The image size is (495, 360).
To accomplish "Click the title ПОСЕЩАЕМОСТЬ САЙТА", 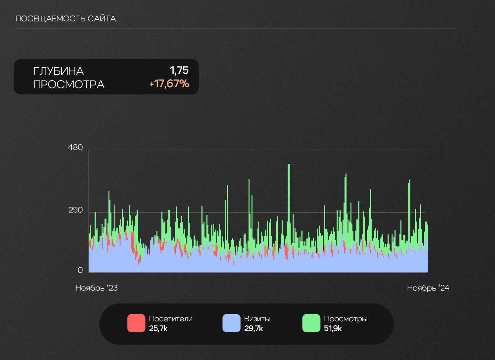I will pyautogui.click(x=66, y=19).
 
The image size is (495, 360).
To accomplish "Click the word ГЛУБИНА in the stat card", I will pyautogui.click(x=58, y=71).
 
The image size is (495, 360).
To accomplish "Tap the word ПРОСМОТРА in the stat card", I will pyautogui.click(x=69, y=85).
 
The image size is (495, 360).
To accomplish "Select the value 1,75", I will pyautogui.click(x=179, y=71).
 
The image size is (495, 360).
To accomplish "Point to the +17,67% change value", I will pyautogui.click(x=169, y=84).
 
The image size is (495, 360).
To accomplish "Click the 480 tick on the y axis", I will pyautogui.click(x=76, y=148).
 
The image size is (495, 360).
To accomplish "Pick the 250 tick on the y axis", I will pyautogui.click(x=76, y=210).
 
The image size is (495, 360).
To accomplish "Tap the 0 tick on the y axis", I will pyautogui.click(x=80, y=270).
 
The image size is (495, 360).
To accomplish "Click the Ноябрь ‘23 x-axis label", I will pyautogui.click(x=96, y=288).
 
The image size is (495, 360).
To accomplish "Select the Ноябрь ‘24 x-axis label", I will pyautogui.click(x=428, y=288).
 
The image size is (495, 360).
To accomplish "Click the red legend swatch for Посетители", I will pyautogui.click(x=136, y=323).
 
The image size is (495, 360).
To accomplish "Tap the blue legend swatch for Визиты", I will pyautogui.click(x=231, y=323).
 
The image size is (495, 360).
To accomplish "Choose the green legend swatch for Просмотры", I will pyautogui.click(x=311, y=323).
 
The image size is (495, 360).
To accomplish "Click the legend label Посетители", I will pyautogui.click(x=171, y=319).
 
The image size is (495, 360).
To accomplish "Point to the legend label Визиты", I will pyautogui.click(x=257, y=319).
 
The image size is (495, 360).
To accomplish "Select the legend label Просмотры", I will pyautogui.click(x=345, y=319).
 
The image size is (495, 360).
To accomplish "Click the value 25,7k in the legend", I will pyautogui.click(x=158, y=329).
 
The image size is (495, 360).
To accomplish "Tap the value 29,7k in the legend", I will pyautogui.click(x=253, y=329).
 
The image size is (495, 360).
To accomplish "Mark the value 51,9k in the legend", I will pyautogui.click(x=333, y=329).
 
